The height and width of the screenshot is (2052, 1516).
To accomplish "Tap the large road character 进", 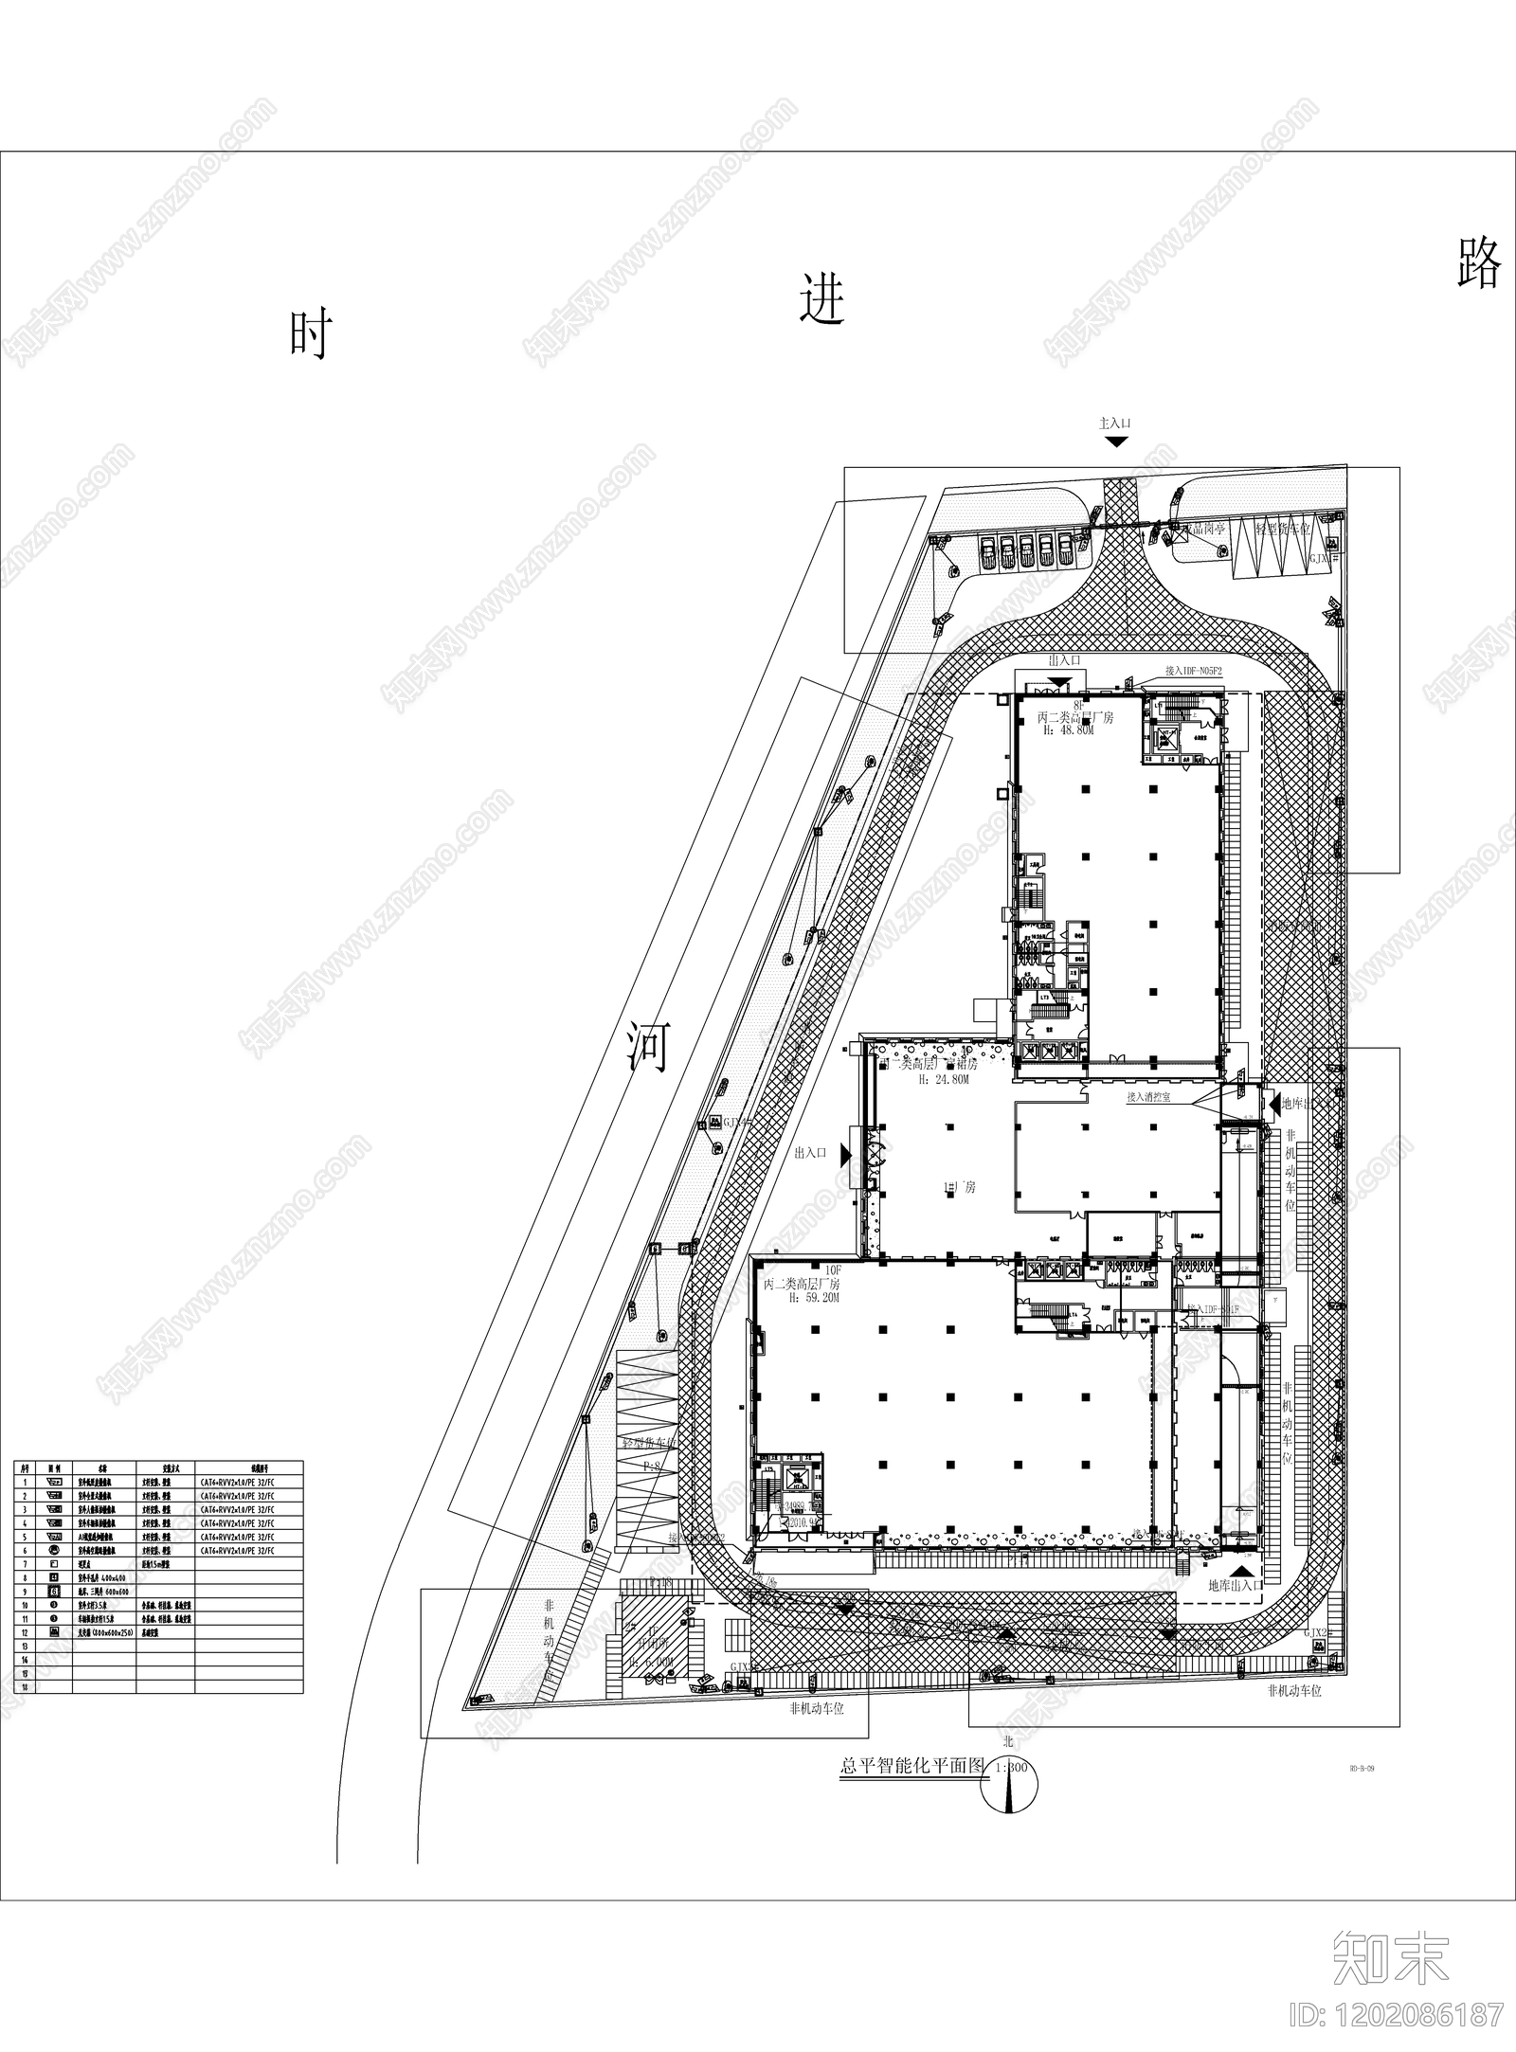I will (x=821, y=299).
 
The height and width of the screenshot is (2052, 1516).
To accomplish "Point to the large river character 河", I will (x=649, y=1046).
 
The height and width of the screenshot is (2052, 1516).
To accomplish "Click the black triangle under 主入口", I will (x=1116, y=441).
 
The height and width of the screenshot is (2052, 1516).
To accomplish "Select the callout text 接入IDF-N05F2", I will (x=1194, y=671).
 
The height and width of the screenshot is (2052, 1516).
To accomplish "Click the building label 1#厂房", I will (x=958, y=1187).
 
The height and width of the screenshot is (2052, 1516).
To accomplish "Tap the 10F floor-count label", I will (x=834, y=1269).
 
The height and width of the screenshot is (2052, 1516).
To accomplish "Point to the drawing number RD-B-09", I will (x=1361, y=1768).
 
